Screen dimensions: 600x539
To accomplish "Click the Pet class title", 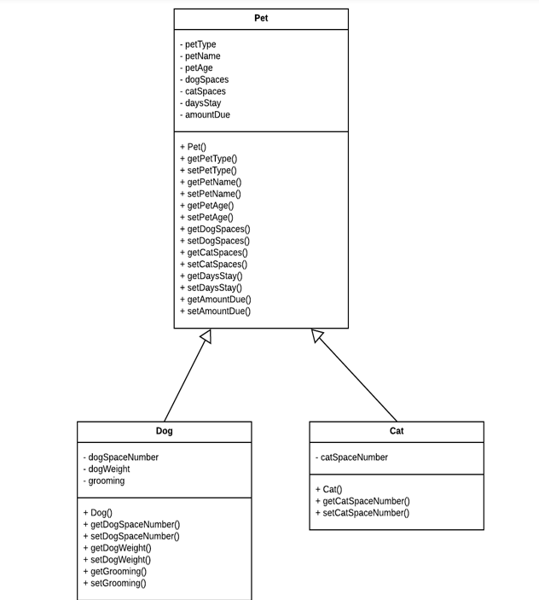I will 261,18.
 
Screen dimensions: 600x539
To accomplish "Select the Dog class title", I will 164,431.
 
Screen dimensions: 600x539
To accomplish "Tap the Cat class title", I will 397,431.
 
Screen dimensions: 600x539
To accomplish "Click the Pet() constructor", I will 193,147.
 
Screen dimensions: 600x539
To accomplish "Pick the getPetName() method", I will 211,182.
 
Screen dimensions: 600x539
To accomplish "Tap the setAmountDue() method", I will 215,312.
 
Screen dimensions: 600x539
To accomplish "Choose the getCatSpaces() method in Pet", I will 214,253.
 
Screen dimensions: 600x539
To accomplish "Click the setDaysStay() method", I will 211,288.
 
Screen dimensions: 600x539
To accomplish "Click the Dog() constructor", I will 97,513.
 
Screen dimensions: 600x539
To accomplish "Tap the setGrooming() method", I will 114,584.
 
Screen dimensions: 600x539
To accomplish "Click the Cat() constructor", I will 328,490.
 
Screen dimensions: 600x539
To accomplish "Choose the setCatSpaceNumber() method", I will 362,513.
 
